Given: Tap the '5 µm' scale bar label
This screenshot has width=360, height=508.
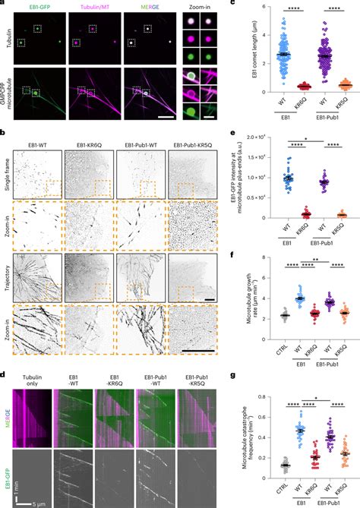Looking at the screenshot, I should click(34, 503).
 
